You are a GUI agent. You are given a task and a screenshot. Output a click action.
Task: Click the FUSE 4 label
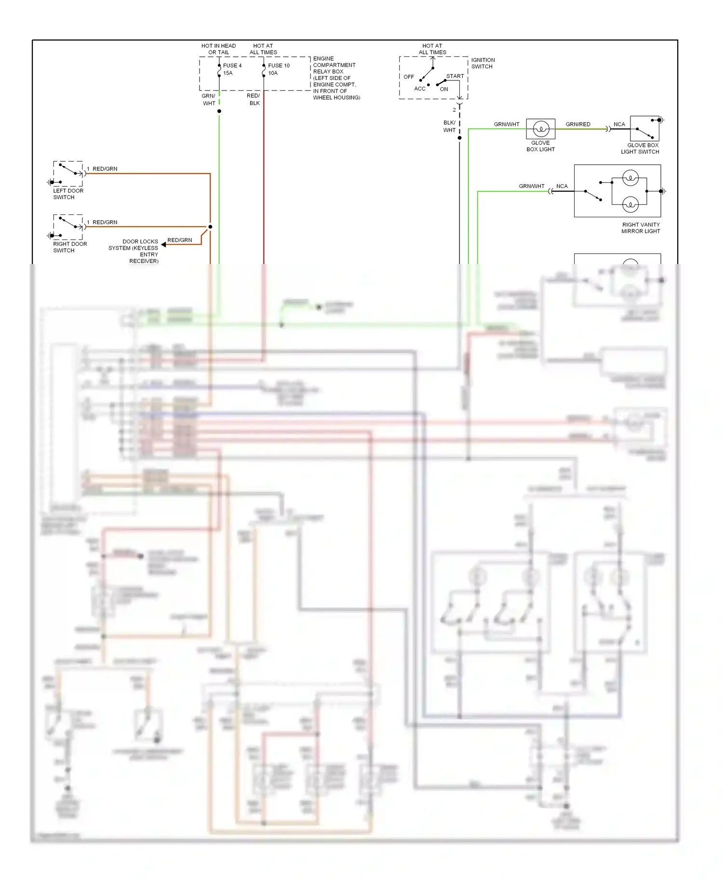pos(232,66)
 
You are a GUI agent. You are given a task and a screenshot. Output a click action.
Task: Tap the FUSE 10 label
pos(279,66)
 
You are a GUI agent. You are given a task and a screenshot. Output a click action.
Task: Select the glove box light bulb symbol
pos(541,129)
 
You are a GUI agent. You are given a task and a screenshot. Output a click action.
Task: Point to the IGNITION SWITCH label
pos(482,63)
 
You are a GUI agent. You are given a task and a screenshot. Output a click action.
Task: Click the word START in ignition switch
pos(455,76)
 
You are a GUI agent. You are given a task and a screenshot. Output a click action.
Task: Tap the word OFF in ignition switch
pos(409,77)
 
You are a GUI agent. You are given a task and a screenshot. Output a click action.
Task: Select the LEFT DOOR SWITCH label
pos(68,194)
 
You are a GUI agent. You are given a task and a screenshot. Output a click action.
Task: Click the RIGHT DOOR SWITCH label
pos(70,247)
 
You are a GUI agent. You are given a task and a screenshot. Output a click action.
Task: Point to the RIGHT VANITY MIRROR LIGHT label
pos(641,228)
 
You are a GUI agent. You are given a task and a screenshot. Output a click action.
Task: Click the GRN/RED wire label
pos(578,124)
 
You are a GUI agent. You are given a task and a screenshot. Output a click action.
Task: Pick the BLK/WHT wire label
pos(449,126)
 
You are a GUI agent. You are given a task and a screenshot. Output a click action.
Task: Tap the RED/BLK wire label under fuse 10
pos(254,99)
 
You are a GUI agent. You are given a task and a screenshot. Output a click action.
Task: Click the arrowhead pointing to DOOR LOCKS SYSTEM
pos(163,245)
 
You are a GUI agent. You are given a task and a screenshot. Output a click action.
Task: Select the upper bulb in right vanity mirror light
pos(630,178)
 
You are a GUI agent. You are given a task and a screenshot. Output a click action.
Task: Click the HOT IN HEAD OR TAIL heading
pos(219,49)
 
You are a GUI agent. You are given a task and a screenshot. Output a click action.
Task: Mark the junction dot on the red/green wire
pos(210,227)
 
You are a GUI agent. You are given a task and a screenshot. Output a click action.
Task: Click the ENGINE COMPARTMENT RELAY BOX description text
pos(336,78)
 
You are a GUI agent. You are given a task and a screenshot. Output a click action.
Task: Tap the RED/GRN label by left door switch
pos(105,169)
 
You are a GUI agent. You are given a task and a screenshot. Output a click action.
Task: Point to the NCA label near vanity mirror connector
pos(562,186)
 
